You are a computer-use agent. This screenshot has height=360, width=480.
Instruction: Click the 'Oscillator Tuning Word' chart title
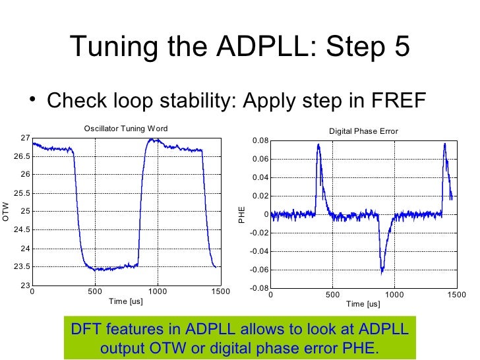125,128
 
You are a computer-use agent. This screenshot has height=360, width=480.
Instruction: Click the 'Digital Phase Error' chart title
363,131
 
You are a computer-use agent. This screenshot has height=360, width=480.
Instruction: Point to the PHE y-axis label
242,214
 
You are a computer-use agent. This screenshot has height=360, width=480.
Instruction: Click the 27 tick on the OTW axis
24,138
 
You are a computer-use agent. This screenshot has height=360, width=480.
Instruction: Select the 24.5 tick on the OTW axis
22,229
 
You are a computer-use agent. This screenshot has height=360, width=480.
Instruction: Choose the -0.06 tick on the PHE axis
259,270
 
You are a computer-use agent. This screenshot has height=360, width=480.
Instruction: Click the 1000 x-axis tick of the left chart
157,292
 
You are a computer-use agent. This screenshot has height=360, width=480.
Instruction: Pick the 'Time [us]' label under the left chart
125,301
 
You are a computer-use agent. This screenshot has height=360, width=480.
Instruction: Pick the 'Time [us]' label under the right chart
363,304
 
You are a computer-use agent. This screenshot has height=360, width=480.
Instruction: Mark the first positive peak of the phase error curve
318,145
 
